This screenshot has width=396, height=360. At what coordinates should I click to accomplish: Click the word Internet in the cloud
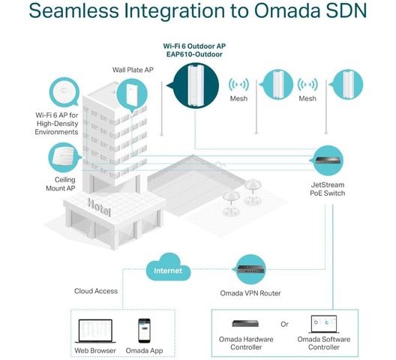[168, 271]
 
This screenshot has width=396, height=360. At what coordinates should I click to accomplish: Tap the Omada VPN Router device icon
[251, 269]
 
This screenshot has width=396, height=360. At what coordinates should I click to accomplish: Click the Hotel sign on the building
[99, 208]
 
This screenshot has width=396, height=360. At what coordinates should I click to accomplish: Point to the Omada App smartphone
[144, 331]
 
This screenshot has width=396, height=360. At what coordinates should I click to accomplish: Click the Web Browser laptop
[95, 331]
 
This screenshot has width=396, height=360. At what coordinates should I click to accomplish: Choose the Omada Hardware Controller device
[245, 323]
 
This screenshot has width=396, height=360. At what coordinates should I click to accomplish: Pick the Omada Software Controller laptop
[324, 325]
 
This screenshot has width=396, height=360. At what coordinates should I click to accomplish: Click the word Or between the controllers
[284, 324]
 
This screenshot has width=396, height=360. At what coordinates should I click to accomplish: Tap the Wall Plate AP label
[133, 70]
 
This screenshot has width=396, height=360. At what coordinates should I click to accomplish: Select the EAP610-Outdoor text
[194, 54]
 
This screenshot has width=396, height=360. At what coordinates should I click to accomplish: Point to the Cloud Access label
[96, 291]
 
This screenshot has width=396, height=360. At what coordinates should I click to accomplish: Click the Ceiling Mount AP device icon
[63, 157]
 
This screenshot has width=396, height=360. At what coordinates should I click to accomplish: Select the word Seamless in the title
[73, 10]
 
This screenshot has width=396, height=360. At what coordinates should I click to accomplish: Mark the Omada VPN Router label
[250, 293]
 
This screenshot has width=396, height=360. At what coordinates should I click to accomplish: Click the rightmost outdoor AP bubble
[347, 85]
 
